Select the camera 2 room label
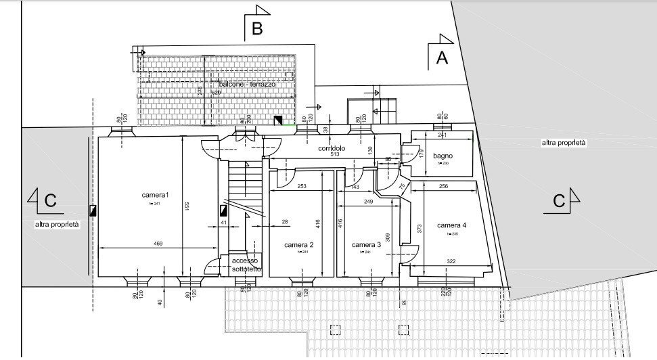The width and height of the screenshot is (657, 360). tap(298, 245)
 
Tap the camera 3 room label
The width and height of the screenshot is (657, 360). tap(366, 245)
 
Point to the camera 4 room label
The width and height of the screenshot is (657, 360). tap(451, 225)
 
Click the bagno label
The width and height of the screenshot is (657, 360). tap(443, 156)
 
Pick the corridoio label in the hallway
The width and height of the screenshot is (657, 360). tap(331, 148)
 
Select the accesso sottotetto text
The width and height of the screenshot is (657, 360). tap(245, 265)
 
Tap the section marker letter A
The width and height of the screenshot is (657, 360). tap(442, 58)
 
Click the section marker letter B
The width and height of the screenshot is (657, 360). tap(257, 28)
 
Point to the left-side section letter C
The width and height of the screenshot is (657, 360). tap(49, 201)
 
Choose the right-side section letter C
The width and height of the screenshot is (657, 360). tap(559, 201)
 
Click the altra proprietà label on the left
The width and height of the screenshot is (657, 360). tap(58, 225)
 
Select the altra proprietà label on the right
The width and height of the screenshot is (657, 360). tap(564, 143)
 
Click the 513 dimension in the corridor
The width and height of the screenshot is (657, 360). tap(334, 155)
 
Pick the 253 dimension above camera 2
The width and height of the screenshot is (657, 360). tap(302, 186)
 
